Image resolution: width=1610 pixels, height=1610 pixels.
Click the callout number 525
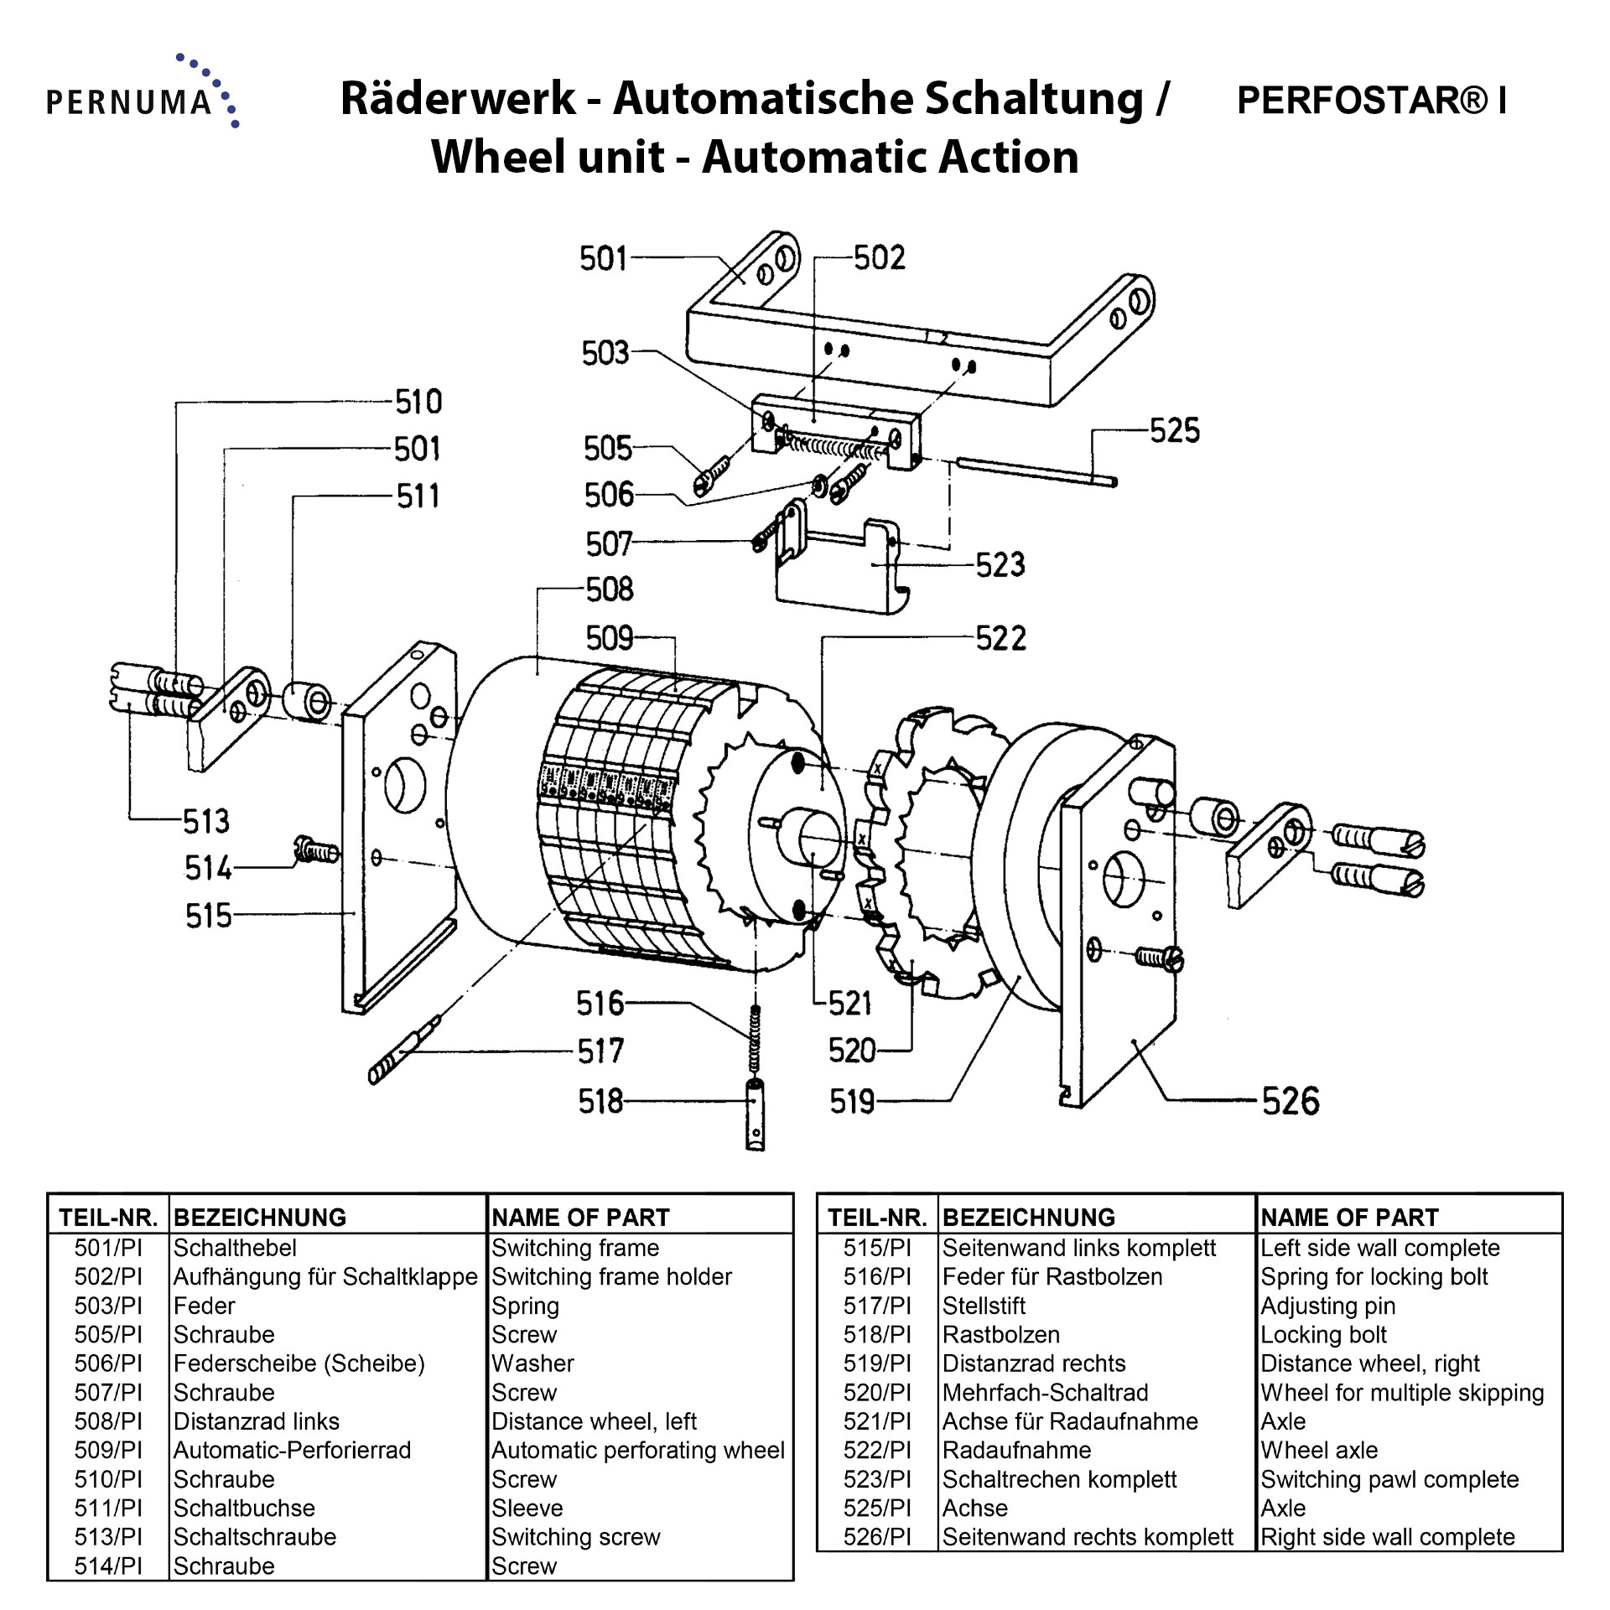tap(1174, 431)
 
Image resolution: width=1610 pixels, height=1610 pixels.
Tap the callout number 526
tap(1291, 1101)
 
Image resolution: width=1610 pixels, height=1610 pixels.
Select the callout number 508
tap(610, 589)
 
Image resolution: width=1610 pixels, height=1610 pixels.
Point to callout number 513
tap(206, 821)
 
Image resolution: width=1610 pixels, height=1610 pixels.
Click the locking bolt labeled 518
tap(756, 1114)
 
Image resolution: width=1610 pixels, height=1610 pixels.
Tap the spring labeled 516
tap(754, 1040)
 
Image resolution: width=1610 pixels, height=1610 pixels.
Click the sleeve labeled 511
tap(307, 702)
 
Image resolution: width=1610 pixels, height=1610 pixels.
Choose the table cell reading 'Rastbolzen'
tap(1000, 1334)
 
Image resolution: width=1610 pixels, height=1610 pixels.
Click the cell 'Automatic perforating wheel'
tap(637, 1450)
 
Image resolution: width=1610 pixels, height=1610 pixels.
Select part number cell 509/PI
tap(108, 1450)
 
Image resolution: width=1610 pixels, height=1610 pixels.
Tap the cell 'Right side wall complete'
tap(1388, 1537)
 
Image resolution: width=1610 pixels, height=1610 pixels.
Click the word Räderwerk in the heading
tap(458, 99)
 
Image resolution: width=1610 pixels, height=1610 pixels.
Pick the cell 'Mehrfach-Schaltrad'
tap(1045, 1392)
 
